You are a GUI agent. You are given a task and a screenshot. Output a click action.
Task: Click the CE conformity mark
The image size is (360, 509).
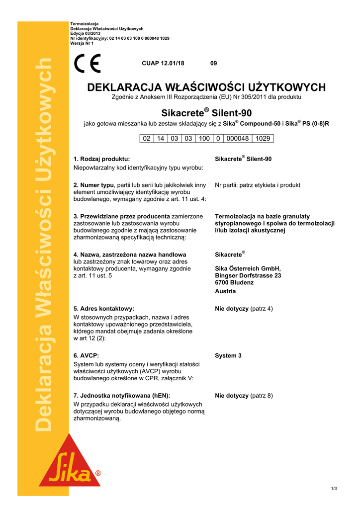pyautogui.click(x=87, y=63)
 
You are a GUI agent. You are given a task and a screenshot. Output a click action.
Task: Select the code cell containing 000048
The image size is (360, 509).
pyautogui.click(x=238, y=139)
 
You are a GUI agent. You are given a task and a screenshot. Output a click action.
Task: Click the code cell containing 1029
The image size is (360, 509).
pyautogui.click(x=263, y=139)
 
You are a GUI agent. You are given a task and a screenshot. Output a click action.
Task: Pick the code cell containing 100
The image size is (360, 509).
pyautogui.click(x=204, y=139)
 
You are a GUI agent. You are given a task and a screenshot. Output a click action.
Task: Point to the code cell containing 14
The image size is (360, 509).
pyautogui.click(x=161, y=139)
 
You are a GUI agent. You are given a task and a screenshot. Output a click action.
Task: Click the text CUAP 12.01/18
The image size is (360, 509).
pyautogui.click(x=163, y=63)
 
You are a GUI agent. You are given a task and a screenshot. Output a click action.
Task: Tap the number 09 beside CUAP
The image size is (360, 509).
pyautogui.click(x=213, y=63)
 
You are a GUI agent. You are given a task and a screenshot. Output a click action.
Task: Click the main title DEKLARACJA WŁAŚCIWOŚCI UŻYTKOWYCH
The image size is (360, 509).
pyautogui.click(x=206, y=87)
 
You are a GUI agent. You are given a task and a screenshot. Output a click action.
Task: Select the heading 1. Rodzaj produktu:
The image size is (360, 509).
pyautogui.click(x=101, y=159)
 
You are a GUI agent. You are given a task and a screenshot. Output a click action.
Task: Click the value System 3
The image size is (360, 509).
pyautogui.click(x=228, y=356)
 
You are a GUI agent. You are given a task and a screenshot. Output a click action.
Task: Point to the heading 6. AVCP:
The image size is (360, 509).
pyautogui.click(x=86, y=356)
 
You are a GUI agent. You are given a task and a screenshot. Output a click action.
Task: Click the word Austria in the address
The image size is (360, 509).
pyautogui.click(x=225, y=291)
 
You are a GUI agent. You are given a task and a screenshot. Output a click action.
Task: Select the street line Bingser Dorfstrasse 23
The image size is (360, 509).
pyautogui.click(x=248, y=275)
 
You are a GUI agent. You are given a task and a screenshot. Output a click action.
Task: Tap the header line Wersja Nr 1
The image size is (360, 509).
pyautogui.click(x=82, y=43)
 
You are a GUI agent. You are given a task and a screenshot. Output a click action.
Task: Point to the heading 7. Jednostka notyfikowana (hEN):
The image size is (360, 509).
pyautogui.click(x=121, y=396)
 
